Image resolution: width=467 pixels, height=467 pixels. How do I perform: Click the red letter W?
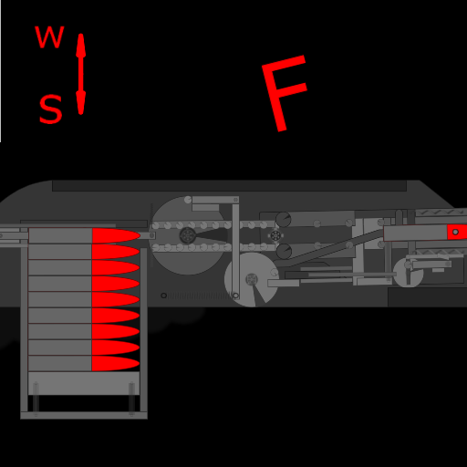tap(49, 36)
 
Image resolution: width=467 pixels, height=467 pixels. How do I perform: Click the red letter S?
tap(51, 109)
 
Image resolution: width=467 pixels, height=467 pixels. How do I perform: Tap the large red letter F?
tap(285, 93)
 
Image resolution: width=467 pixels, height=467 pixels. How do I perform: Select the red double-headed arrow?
tap(80, 74)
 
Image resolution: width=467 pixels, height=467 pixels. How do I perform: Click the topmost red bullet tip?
tap(116, 235)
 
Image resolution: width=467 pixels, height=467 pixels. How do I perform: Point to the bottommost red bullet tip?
tap(116, 363)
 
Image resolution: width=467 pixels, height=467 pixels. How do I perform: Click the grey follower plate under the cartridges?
tap(84, 383)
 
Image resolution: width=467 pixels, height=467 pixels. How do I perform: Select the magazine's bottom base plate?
tap(84, 415)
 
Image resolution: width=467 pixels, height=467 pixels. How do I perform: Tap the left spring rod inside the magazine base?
tap(36, 399)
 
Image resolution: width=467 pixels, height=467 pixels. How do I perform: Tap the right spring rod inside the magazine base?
tap(131, 399)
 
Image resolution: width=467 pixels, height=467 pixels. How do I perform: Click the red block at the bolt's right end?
tap(457, 233)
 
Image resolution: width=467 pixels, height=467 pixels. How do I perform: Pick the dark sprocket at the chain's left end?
tap(188, 235)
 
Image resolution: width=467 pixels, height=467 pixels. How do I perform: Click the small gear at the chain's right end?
tap(275, 235)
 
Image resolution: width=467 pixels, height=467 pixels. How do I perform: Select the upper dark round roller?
tap(284, 220)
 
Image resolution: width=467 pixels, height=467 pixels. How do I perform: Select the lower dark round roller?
tap(284, 251)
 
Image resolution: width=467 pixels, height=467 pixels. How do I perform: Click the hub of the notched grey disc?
tap(252, 279)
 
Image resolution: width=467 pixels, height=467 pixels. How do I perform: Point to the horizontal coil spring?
tap(200, 296)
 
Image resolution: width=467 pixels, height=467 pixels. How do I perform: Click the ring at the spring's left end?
tap(163, 296)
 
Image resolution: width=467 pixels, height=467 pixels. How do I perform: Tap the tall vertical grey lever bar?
tap(235, 252)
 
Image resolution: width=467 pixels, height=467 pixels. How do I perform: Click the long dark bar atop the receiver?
tap(229, 186)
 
